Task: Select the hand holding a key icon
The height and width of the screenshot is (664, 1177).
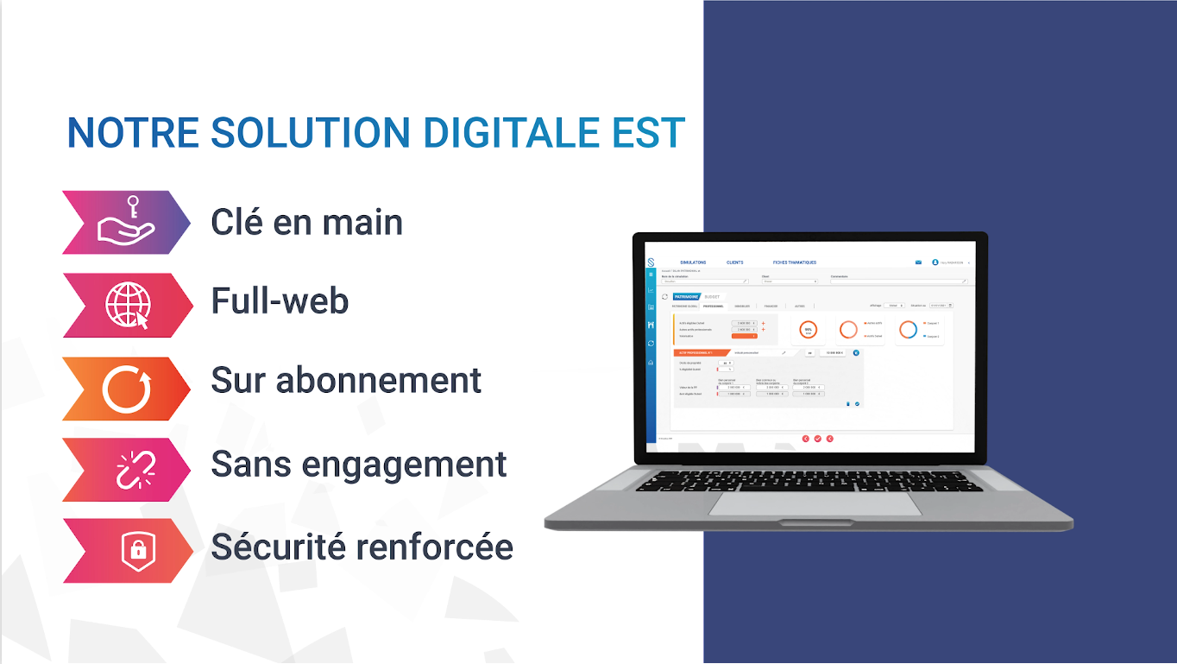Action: point(125,222)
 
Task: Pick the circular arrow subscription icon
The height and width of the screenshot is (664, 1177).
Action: point(127,389)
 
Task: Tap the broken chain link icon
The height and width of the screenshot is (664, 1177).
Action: point(135,469)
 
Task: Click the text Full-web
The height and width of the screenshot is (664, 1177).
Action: point(280,300)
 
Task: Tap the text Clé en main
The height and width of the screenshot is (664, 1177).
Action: point(306,222)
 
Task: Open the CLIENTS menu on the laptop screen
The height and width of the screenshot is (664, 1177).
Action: point(734,262)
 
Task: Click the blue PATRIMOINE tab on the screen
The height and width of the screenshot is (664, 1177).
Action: point(687,296)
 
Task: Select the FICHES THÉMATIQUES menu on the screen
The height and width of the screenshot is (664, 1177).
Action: point(794,262)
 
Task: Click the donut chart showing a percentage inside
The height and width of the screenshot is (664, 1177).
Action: point(808,330)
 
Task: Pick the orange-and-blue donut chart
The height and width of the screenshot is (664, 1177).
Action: point(908,330)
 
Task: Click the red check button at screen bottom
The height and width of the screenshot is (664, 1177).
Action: point(817,439)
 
